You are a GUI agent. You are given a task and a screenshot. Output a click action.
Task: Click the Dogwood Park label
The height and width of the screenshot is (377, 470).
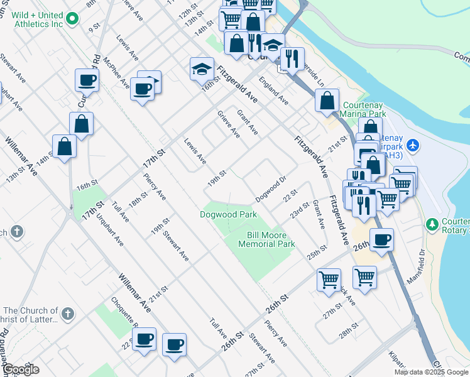point(229,214)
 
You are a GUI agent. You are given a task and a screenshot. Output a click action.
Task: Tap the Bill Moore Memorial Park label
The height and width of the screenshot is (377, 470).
point(270,239)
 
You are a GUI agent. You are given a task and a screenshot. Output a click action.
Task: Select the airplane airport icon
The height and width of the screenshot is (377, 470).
point(412,145)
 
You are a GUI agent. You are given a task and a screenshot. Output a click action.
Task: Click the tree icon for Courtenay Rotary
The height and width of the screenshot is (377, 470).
point(432,224)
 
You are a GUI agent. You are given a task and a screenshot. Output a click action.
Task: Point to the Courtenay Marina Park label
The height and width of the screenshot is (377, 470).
point(362,110)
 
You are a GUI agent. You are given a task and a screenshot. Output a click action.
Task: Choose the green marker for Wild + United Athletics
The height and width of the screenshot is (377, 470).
point(72,19)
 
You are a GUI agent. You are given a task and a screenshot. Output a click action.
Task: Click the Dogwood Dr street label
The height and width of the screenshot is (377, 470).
point(271,189)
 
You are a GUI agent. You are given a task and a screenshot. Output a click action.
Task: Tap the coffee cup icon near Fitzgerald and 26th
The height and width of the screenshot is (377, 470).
point(381,240)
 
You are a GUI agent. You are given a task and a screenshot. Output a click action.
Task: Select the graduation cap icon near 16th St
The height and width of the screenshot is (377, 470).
point(202,68)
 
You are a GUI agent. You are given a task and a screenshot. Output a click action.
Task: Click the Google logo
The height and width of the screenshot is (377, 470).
point(21,370)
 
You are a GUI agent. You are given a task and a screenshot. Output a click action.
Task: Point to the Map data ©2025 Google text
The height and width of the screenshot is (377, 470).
point(432,372)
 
